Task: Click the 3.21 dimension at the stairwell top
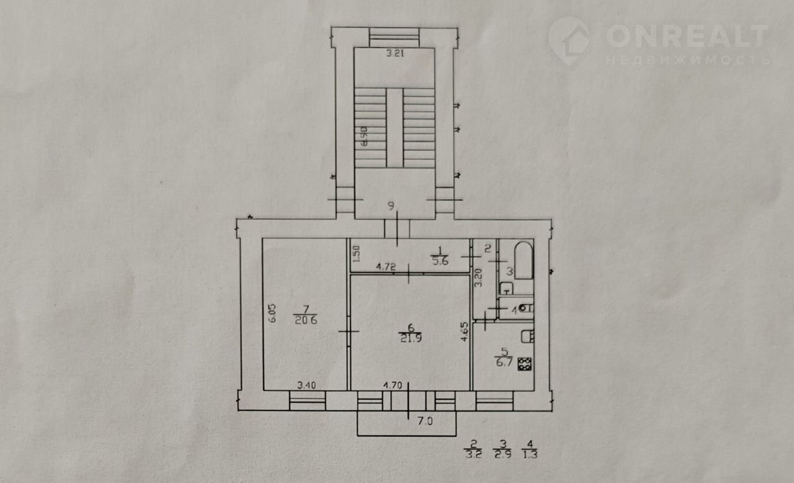pos(395,53)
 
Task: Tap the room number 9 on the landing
pos(391,205)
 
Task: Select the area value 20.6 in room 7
pos(306,320)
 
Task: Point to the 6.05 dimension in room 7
pos(272,313)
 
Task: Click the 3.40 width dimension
pos(306,385)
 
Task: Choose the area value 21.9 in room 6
pos(411,338)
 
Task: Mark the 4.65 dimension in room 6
pos(465,332)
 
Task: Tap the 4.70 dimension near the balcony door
pos(393,385)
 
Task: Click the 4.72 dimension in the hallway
pos(386,267)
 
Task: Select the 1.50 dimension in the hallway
pos(357,253)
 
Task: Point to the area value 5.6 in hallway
pos(440,261)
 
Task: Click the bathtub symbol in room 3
pos(524,260)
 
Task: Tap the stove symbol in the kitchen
pos(525,364)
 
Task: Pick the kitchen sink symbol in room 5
pos(527,336)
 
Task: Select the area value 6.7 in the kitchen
pos(504,363)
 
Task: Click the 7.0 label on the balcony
pos(425,421)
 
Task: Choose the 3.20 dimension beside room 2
pos(478,278)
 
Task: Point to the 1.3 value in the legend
pos(530,454)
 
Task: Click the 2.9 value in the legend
pos(503,454)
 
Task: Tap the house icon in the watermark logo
pos(569,41)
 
